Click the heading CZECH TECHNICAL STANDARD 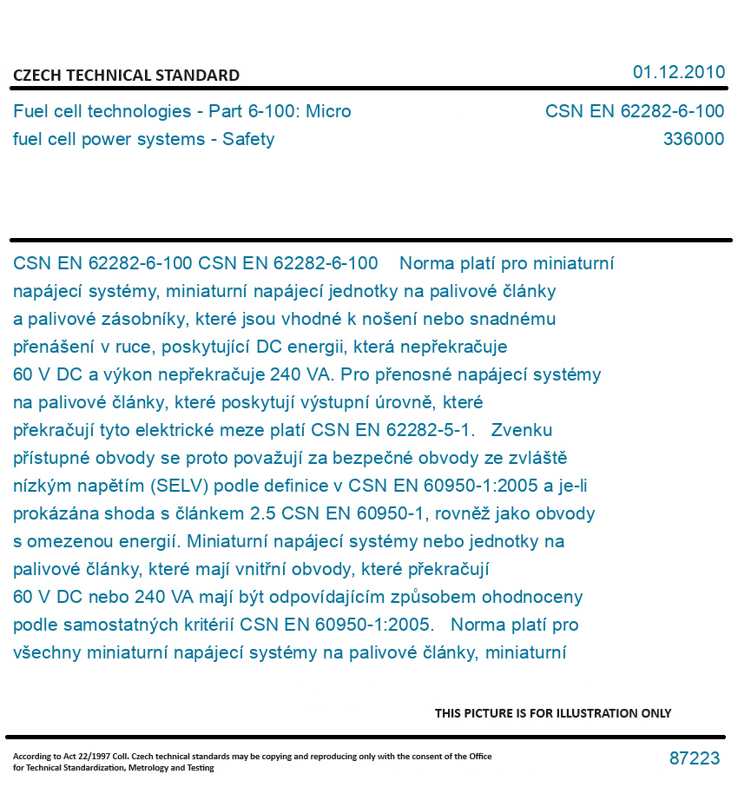(x=126, y=76)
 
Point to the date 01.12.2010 (x=678, y=72)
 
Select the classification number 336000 (x=693, y=139)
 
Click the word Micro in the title (x=329, y=111)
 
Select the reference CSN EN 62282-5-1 (x=392, y=430)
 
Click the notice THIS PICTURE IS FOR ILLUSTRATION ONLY (x=553, y=713)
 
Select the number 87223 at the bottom (x=695, y=758)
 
